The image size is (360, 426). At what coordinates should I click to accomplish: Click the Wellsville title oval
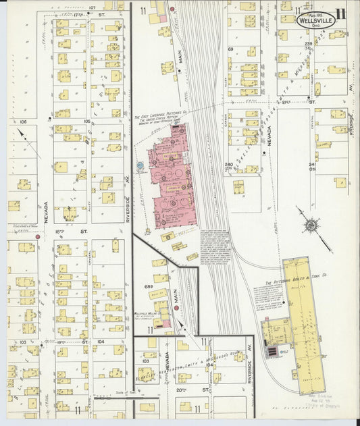(315, 21)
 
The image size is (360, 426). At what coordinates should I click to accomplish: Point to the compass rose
(310, 225)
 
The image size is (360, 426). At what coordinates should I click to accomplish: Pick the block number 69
(230, 49)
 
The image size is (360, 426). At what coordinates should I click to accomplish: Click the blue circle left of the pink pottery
(140, 164)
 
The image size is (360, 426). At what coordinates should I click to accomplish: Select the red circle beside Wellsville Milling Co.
(176, 308)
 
